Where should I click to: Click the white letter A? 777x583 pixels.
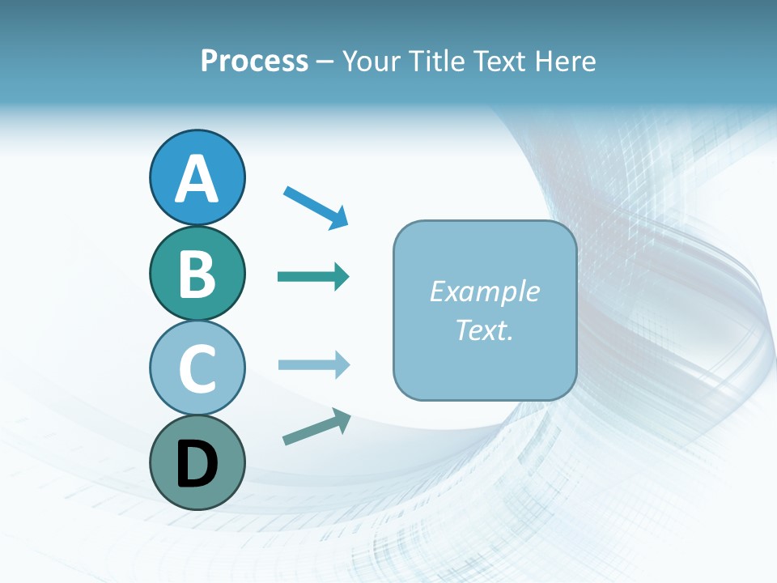click(197, 180)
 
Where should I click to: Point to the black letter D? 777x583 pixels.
click(197, 464)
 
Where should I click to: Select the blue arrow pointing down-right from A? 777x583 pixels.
click(314, 206)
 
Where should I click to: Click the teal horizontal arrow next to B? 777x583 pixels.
click(312, 277)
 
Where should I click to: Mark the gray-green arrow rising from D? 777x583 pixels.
click(314, 428)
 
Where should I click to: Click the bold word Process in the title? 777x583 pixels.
click(254, 62)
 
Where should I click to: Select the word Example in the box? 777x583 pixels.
click(484, 291)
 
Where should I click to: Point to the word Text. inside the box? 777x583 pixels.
click(484, 330)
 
